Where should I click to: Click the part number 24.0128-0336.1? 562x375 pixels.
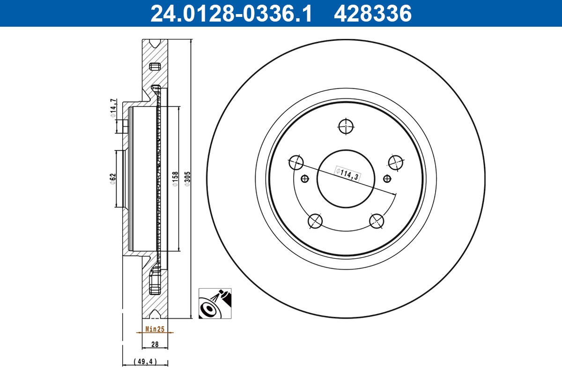point(230,13)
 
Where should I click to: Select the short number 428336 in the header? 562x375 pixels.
point(372,13)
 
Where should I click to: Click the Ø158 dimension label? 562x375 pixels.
point(175,180)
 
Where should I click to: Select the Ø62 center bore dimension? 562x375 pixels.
point(112,179)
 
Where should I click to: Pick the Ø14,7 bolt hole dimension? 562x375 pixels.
point(112,109)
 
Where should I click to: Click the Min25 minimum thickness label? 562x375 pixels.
point(155,330)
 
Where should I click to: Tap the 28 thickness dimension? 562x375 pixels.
point(155,344)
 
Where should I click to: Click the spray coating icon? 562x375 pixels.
point(215,304)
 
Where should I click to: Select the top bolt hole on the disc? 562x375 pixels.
point(346,126)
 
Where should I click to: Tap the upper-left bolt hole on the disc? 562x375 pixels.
point(296,163)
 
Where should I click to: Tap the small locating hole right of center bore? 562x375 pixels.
point(386,178)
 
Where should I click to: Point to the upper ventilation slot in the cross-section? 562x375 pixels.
point(154,67)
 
